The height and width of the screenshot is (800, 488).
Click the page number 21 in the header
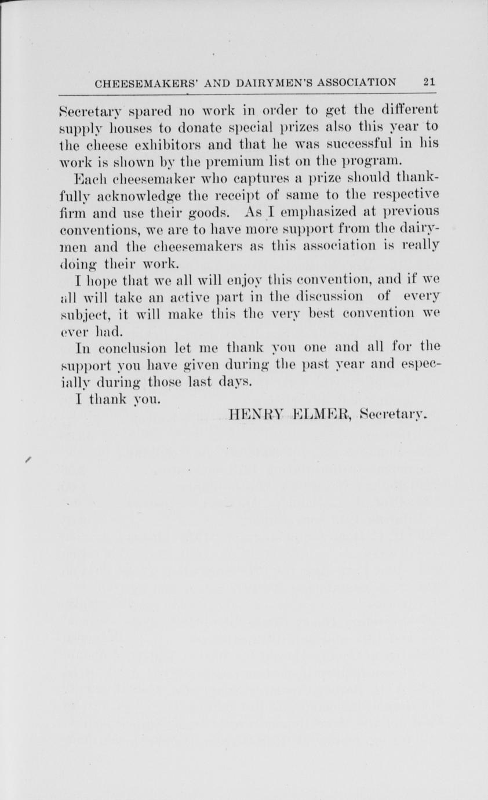tap(429, 82)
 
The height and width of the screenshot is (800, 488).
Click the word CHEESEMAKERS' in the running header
tap(136, 83)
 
